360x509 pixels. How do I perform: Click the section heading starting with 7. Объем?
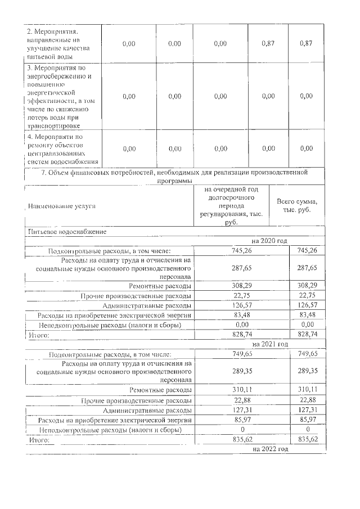click(176, 176)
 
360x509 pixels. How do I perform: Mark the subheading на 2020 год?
click(271, 241)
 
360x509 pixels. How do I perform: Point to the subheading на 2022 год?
click(271, 449)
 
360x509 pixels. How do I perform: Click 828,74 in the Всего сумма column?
click(308, 335)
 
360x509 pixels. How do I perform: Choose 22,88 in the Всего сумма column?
click(308, 400)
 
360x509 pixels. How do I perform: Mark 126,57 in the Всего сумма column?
click(308, 306)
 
